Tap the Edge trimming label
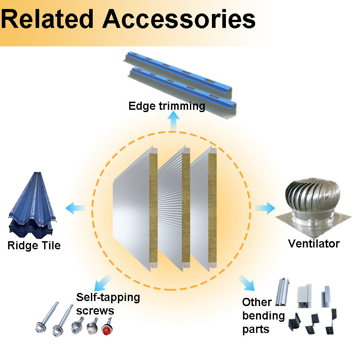tap(167, 106)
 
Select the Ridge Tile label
tap(34, 246)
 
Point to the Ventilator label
tap(314, 244)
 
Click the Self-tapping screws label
tap(108, 304)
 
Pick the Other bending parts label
tap(264, 315)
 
